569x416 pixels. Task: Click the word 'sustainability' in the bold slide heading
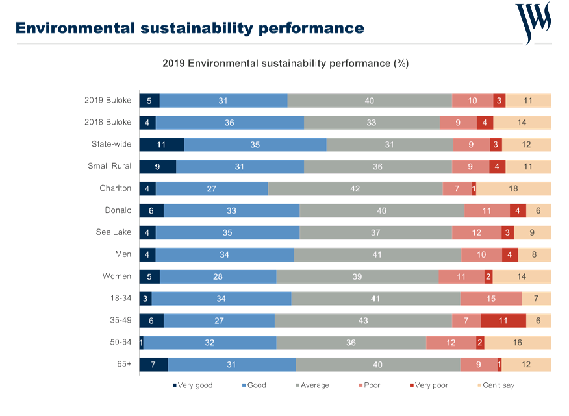197,29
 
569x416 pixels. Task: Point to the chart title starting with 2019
286,64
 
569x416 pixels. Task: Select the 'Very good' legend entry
193,385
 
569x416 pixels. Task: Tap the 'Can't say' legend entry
496,385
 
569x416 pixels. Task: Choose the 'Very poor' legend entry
429,385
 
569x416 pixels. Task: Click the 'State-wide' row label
112,144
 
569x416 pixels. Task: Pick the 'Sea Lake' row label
114,232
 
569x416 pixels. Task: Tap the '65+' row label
124,364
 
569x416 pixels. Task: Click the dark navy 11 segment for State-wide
162,145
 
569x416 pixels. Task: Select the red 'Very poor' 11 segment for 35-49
503,321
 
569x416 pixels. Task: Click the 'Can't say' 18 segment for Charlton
514,189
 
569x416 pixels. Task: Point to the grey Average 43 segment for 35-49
363,321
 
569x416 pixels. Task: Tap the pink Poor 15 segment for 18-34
491,299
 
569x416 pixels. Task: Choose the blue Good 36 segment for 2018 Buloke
230,123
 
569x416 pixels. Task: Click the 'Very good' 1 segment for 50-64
142,343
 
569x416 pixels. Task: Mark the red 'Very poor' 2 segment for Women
488,276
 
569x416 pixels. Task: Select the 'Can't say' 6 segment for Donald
538,211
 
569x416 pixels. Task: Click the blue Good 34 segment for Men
225,254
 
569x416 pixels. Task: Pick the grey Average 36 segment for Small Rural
378,167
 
